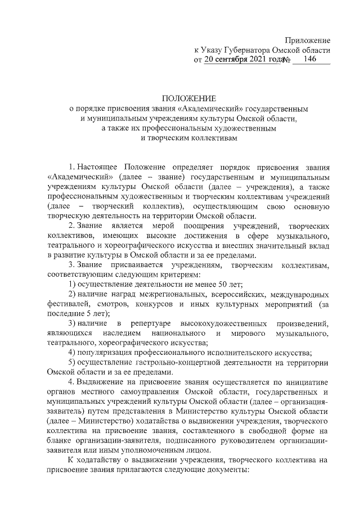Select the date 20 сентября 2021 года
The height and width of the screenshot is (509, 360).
coord(242,59)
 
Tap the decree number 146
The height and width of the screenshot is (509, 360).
coord(309,58)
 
